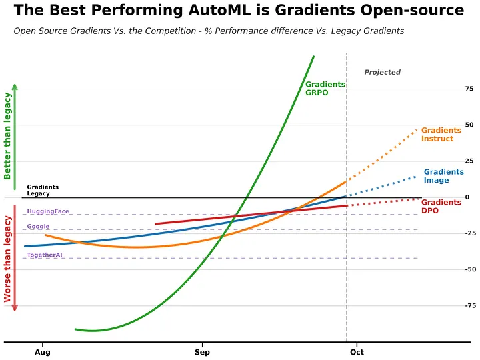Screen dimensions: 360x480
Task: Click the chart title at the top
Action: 239,11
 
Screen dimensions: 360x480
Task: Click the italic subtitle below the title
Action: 209,31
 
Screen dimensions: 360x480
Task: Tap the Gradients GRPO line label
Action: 325,89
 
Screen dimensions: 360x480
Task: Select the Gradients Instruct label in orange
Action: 441,135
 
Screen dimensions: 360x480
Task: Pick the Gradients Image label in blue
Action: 443,176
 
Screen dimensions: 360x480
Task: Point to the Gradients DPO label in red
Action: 441,207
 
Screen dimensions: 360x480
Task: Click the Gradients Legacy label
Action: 43,191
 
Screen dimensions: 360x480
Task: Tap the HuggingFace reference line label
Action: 48,212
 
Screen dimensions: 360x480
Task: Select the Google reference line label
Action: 39,227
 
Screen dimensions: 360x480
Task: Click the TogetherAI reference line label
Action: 45,255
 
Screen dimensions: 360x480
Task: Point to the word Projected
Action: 382,72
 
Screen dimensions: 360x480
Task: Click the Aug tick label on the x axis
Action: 42,351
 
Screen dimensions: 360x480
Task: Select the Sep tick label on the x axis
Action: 202,351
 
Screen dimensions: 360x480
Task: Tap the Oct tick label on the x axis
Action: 357,351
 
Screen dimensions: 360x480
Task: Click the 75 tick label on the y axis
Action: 469,89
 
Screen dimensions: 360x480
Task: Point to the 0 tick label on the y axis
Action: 467,197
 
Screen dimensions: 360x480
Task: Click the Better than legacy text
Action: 8,136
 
